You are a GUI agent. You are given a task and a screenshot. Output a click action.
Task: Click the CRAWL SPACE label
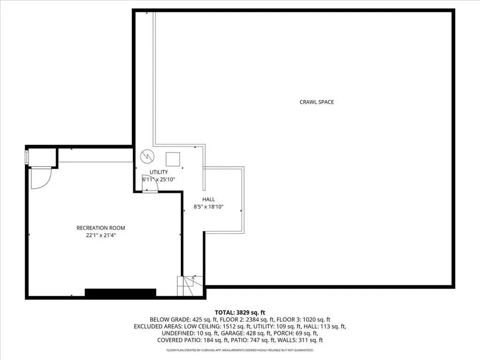click(317, 102)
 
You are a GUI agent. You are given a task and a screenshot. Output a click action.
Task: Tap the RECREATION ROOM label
click(101, 228)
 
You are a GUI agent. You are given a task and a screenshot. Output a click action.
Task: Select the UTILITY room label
click(159, 172)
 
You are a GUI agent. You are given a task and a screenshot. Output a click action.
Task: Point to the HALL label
click(208, 199)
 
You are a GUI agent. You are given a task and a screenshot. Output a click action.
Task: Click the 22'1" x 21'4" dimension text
click(101, 236)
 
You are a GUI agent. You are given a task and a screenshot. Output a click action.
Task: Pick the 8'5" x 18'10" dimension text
click(208, 207)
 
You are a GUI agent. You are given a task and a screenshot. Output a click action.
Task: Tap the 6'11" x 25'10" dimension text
click(159, 179)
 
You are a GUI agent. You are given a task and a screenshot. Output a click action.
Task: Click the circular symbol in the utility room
click(147, 157)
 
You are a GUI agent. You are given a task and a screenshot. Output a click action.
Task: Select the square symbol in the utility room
click(173, 159)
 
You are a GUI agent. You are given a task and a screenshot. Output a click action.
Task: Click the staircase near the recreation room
click(190, 286)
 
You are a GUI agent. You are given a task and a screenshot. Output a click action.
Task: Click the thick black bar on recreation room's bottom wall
click(120, 293)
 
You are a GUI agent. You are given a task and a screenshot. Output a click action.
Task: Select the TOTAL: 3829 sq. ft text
click(240, 313)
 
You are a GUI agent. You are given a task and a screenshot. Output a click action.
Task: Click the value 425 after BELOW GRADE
click(197, 320)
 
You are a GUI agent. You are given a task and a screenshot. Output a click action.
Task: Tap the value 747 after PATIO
click(281, 340)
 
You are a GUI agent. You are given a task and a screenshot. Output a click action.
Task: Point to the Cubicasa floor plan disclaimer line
click(240, 350)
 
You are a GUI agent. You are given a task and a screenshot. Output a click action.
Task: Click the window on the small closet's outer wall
click(27, 157)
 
